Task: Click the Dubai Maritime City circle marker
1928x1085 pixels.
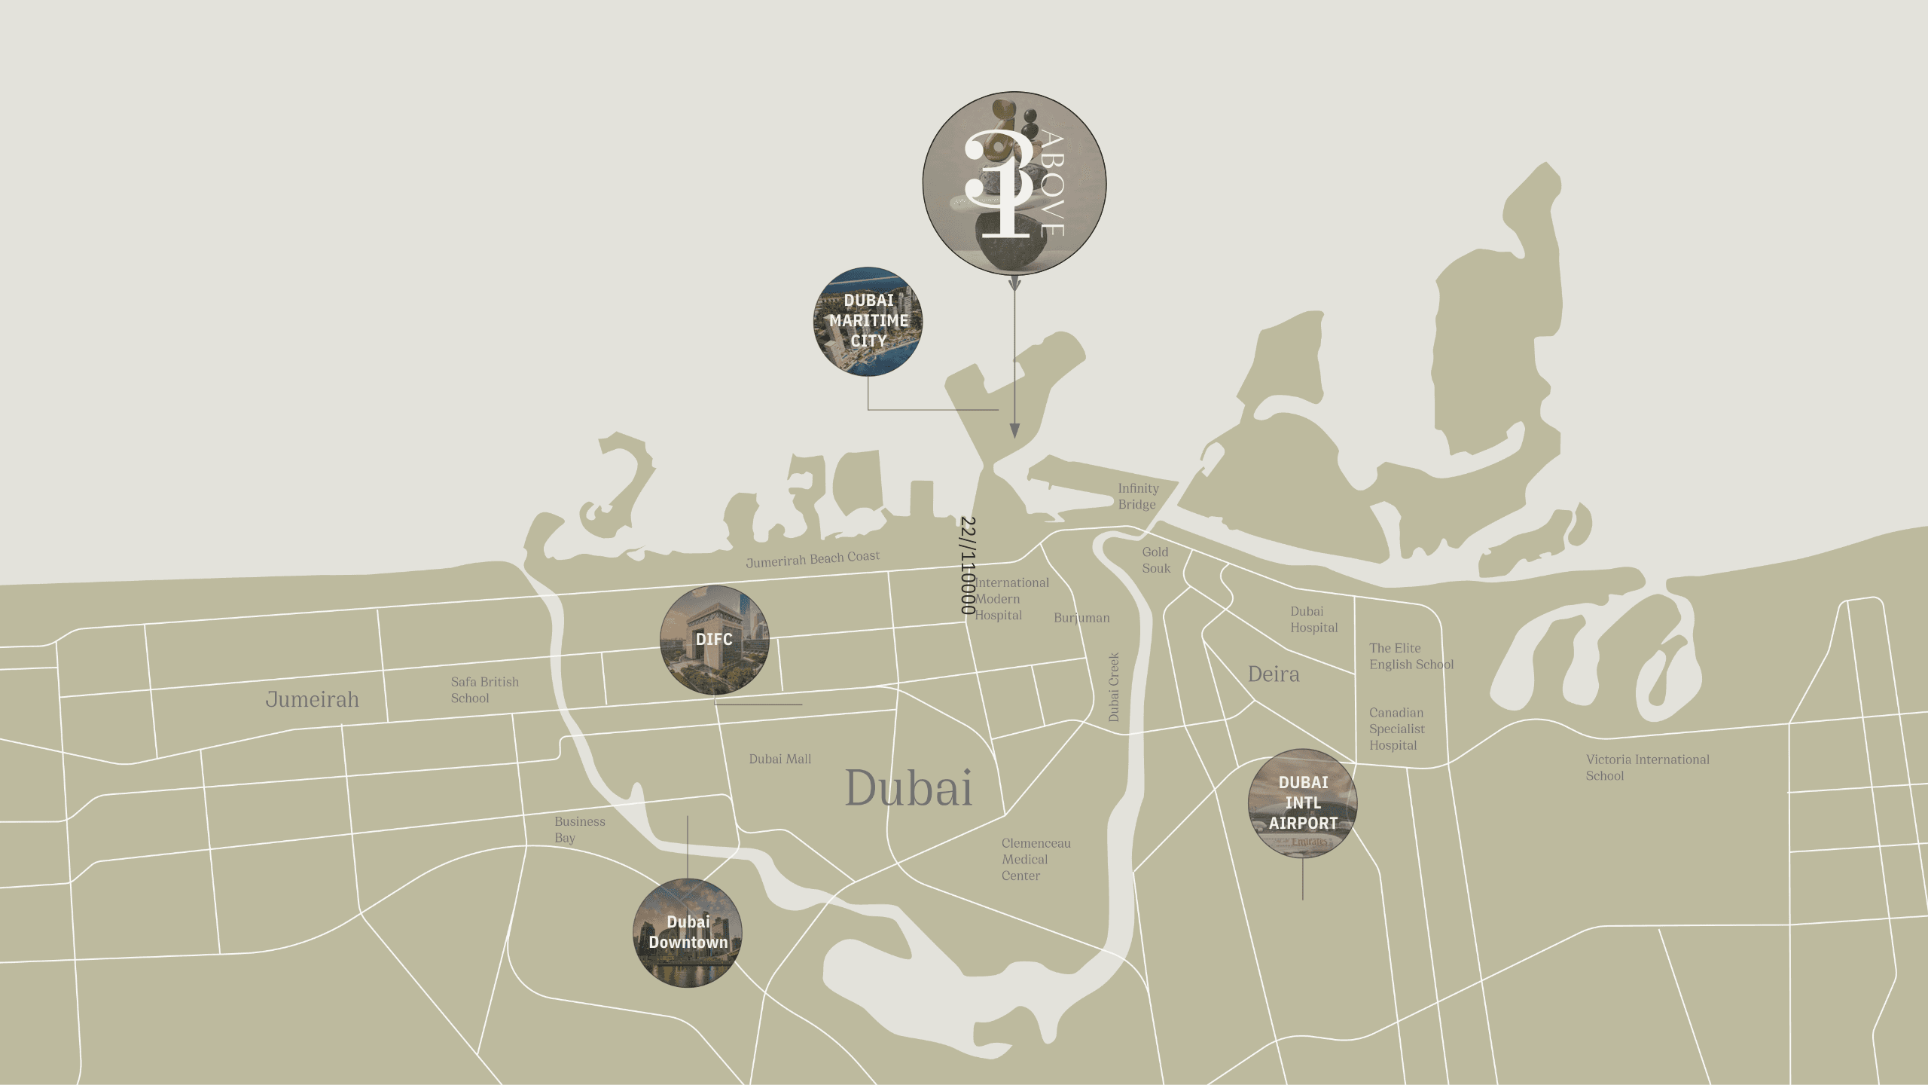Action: pyautogui.click(x=868, y=320)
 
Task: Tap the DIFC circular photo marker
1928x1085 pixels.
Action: pyautogui.click(x=714, y=640)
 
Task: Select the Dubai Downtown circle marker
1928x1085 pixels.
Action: pyautogui.click(x=688, y=933)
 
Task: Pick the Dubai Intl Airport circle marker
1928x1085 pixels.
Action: pyautogui.click(x=1303, y=803)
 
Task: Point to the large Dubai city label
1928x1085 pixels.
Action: pyautogui.click(x=909, y=789)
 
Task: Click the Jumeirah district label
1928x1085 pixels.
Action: pyautogui.click(x=312, y=700)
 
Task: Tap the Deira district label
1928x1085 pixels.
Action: pyautogui.click(x=1274, y=674)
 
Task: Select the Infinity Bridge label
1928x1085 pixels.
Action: pyautogui.click(x=1137, y=497)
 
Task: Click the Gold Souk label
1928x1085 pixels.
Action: pyautogui.click(x=1156, y=561)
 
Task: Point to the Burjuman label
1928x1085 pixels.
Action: pyautogui.click(x=1081, y=618)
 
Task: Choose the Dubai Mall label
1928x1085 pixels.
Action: pyautogui.click(x=779, y=759)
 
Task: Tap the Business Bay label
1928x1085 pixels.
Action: pyautogui.click(x=579, y=830)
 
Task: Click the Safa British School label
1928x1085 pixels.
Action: pyautogui.click(x=484, y=690)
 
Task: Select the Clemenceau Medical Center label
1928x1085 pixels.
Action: pyautogui.click(x=1036, y=860)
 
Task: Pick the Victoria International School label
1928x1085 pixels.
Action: pyautogui.click(x=1647, y=768)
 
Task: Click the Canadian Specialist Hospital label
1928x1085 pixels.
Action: pyautogui.click(x=1396, y=729)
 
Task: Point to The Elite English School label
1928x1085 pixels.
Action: pyautogui.click(x=1411, y=656)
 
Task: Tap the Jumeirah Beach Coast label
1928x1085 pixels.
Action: pyautogui.click(x=813, y=559)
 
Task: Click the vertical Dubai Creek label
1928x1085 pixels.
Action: pyautogui.click(x=1114, y=687)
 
